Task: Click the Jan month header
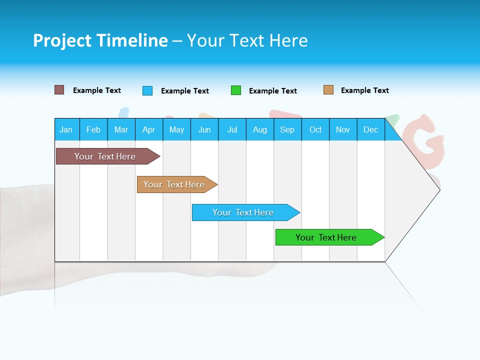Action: [x=66, y=129]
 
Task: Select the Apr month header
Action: [x=149, y=129]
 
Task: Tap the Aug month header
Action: [x=260, y=129]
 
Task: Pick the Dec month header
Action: [x=371, y=129]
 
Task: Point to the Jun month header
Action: [x=204, y=129]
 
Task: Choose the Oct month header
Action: [x=315, y=129]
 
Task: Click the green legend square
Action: [x=236, y=90]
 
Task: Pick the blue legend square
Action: [x=147, y=90]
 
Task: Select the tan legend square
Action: [x=328, y=90]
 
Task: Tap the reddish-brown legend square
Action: [x=59, y=90]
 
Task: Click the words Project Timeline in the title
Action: [x=100, y=40]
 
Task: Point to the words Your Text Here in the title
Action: [x=247, y=40]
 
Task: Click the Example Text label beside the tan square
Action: [x=364, y=90]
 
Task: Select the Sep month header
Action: [x=287, y=129]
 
